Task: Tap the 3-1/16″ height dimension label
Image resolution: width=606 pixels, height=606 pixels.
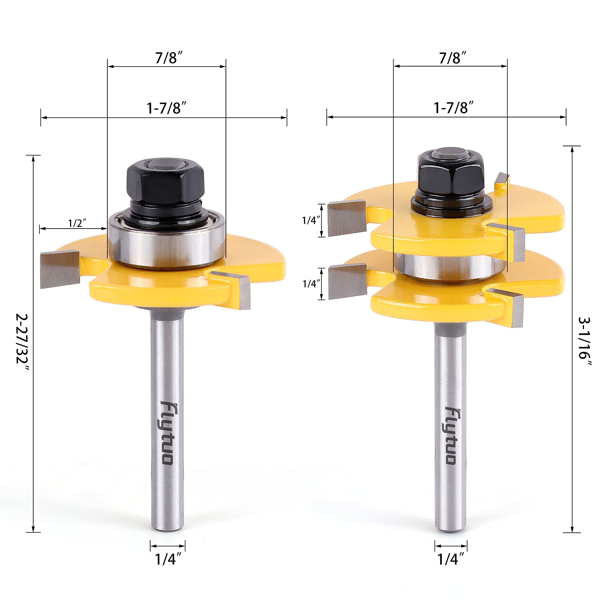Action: click(584, 342)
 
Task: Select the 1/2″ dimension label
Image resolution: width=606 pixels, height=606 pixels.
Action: click(77, 223)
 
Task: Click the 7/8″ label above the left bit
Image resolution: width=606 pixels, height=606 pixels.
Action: click(169, 58)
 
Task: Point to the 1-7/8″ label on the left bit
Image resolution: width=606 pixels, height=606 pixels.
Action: click(167, 108)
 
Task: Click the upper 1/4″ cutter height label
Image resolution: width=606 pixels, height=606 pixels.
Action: click(311, 221)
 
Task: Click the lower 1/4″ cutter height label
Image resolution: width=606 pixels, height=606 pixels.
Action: click(311, 284)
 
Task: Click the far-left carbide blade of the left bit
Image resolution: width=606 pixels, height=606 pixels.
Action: click(60, 269)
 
